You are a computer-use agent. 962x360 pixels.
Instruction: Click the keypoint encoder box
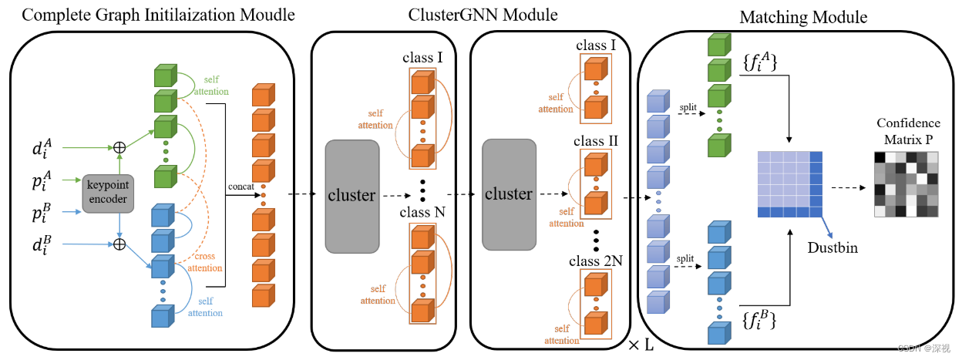pyautogui.click(x=109, y=191)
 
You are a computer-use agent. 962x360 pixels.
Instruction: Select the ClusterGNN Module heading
pyautogui.click(x=472, y=14)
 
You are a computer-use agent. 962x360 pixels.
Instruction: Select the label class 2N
pyautogui.click(x=597, y=261)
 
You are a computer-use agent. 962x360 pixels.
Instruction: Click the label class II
pyautogui.click(x=597, y=141)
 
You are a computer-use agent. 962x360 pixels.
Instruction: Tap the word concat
pyautogui.click(x=242, y=185)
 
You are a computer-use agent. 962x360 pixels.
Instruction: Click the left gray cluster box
pyautogui.click(x=351, y=197)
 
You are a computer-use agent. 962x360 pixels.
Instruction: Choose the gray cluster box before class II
pyautogui.click(x=509, y=194)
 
